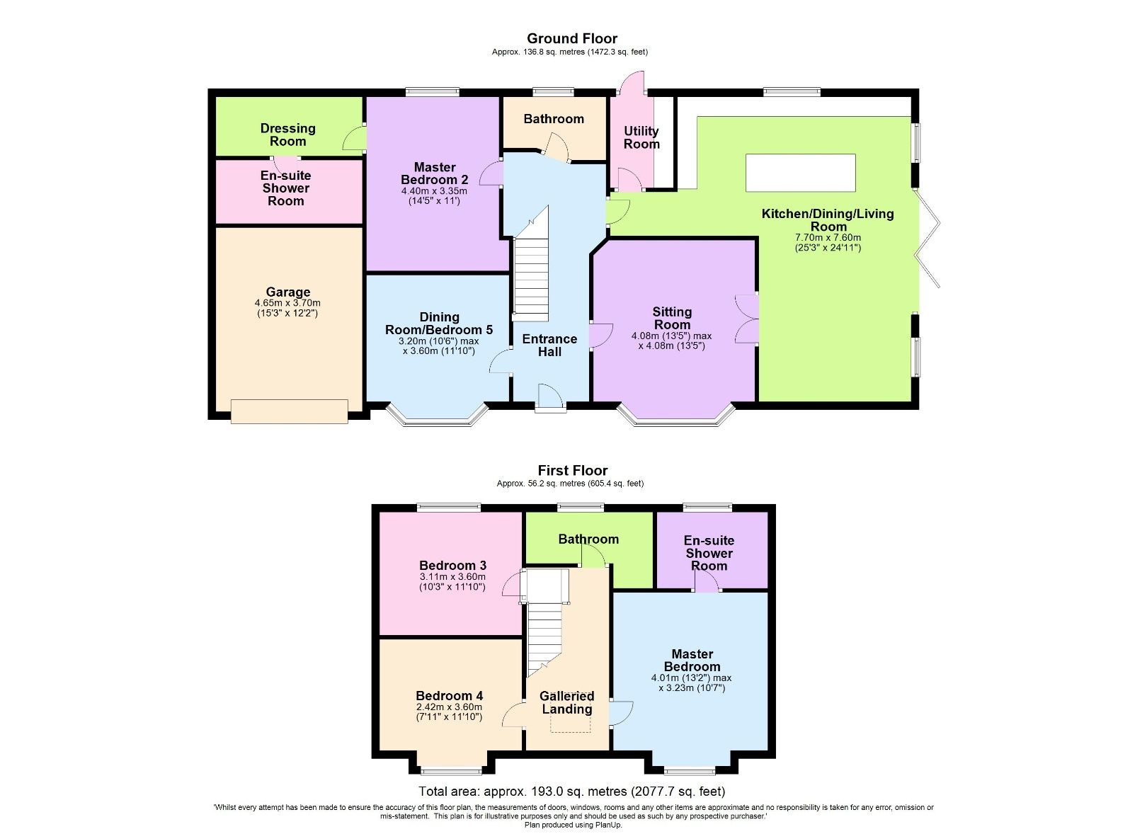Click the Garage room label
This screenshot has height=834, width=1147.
pos(287,292)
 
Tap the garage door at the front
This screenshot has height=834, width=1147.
pos(289,411)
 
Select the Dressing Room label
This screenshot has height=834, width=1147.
pos(287,135)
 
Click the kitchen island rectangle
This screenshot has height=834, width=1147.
pos(800,173)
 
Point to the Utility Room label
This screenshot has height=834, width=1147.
pos(641,137)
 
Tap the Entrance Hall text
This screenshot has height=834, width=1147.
pos(549,345)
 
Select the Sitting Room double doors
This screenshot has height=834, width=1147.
pos(748,319)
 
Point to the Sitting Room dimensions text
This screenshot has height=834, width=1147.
pos(671,341)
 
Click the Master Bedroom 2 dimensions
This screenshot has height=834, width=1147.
pos(434,195)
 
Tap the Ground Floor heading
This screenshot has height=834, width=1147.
pos(571,38)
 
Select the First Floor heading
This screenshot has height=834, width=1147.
pos(572,470)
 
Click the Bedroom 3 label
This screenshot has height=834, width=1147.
pos(452,565)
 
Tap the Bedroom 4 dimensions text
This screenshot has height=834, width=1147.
pos(449,712)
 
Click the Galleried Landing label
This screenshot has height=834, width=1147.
pos(566,702)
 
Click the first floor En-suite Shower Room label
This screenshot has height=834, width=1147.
pos(709,553)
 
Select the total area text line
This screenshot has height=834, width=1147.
pos(571,792)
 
